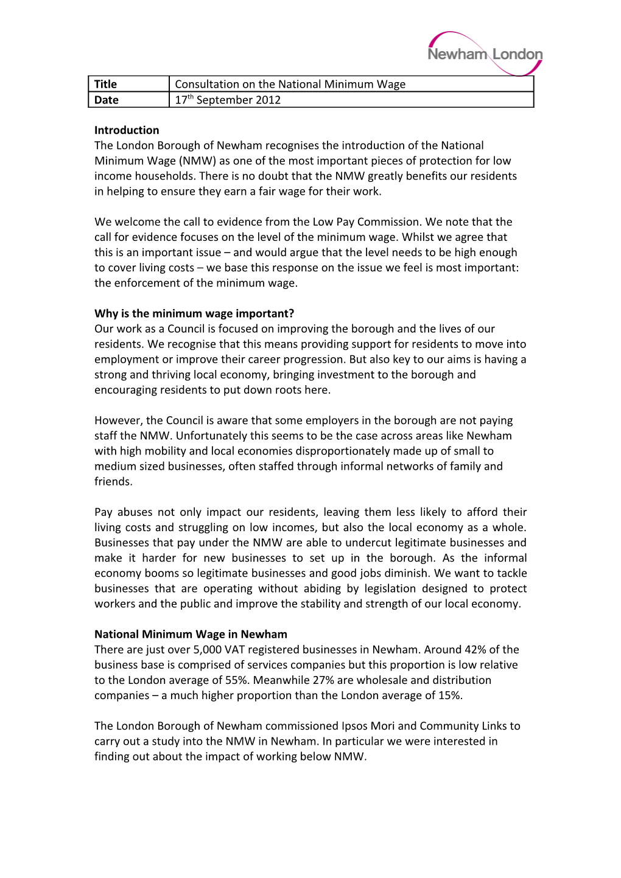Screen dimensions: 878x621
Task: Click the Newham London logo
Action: [x=485, y=54]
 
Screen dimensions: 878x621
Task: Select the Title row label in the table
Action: [x=105, y=84]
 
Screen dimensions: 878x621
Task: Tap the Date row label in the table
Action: [x=107, y=100]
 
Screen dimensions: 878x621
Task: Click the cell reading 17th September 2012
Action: [x=228, y=100]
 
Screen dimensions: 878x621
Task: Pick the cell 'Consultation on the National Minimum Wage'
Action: [x=290, y=84]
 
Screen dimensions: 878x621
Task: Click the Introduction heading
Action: [x=127, y=130]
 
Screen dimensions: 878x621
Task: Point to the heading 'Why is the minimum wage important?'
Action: [x=194, y=313]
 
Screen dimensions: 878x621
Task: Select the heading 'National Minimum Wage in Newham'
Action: [x=191, y=634]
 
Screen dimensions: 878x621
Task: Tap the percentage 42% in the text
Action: [x=475, y=649]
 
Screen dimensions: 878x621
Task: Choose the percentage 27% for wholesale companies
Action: [x=323, y=680]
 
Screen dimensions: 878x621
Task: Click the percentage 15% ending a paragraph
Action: [x=450, y=695]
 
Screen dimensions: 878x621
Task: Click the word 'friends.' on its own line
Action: [x=113, y=481]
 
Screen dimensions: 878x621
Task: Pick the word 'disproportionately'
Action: [x=372, y=451]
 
